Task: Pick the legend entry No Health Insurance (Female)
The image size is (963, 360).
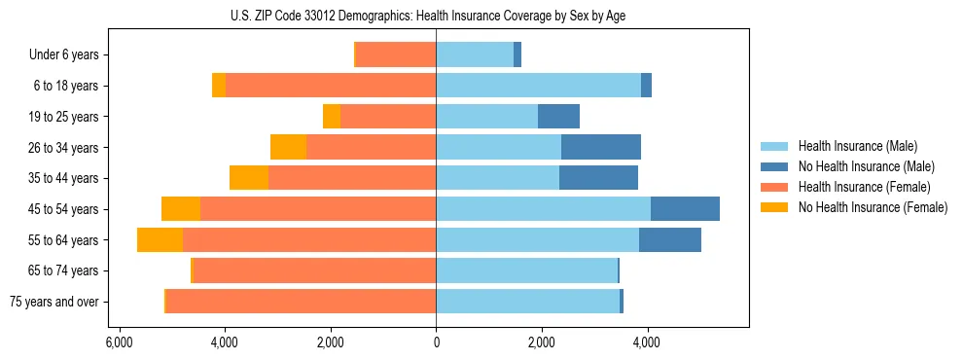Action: point(873,207)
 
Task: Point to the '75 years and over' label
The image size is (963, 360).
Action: point(54,302)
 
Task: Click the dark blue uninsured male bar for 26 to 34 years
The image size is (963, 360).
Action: point(600,147)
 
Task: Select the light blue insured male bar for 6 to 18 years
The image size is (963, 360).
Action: point(538,86)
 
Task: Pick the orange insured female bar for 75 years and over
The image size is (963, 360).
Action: point(301,302)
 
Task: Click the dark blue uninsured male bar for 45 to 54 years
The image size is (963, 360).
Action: point(685,209)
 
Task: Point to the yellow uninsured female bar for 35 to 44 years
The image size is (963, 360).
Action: point(249,178)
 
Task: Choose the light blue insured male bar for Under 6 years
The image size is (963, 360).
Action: point(475,55)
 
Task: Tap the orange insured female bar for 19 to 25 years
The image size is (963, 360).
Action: point(388,117)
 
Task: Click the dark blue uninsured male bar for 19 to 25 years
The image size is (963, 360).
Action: point(558,117)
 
